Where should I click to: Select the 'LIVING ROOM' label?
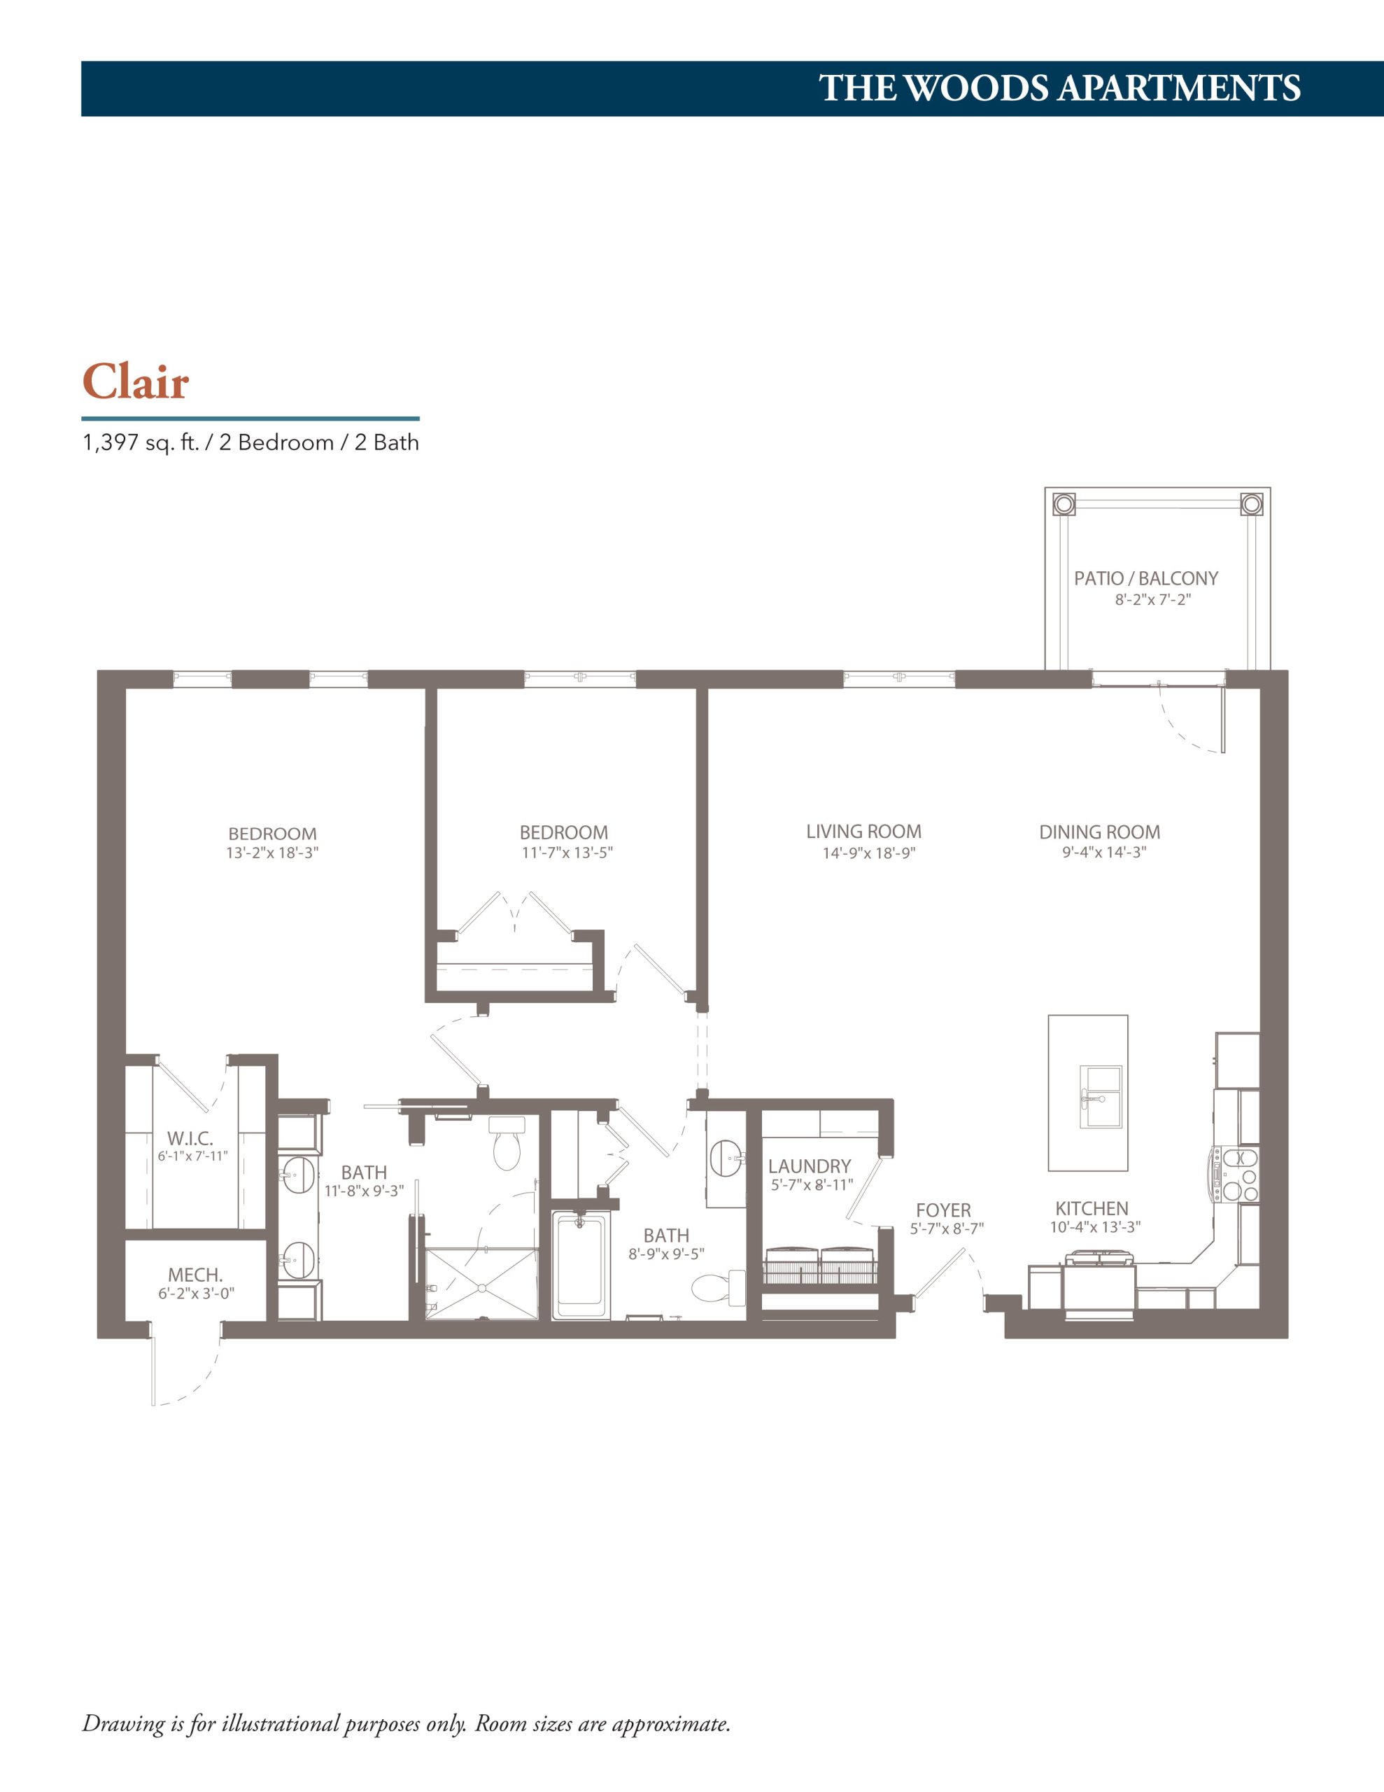(x=864, y=831)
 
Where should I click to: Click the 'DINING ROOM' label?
(x=1099, y=832)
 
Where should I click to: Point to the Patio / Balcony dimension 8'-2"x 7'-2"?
(x=1152, y=600)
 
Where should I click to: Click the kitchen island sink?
(x=1101, y=1097)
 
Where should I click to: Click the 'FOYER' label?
(x=943, y=1210)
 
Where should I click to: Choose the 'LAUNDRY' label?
(x=810, y=1166)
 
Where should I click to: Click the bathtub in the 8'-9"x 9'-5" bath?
(x=581, y=1265)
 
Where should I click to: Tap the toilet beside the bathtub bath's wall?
(x=719, y=1288)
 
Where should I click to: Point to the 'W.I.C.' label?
(x=190, y=1139)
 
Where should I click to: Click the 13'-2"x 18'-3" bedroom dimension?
(x=272, y=853)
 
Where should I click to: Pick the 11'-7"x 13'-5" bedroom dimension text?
(x=567, y=853)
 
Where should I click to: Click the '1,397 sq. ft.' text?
(x=141, y=443)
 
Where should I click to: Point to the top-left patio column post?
(x=1064, y=504)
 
